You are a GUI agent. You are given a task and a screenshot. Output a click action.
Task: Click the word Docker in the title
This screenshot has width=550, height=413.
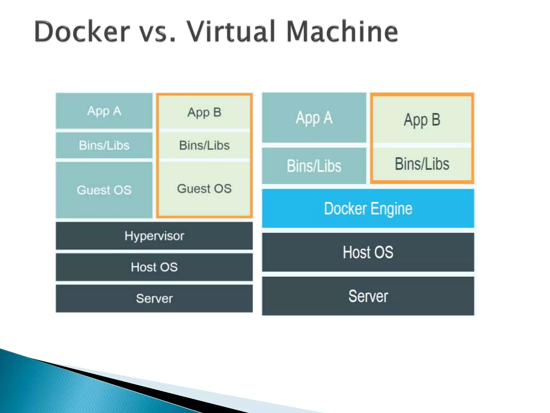[82, 32]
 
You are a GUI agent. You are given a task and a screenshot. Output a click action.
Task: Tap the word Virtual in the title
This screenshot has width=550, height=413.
[231, 32]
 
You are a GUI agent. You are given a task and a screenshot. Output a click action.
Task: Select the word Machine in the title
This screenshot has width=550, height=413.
[342, 32]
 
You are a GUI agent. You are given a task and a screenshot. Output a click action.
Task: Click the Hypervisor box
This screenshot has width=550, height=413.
[154, 236]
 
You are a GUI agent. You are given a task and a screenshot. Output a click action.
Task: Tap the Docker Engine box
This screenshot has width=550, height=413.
[368, 208]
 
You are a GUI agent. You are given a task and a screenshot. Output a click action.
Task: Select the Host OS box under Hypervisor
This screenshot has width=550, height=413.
[154, 267]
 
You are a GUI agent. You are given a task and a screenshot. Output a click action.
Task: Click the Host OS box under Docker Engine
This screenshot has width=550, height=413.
[368, 252]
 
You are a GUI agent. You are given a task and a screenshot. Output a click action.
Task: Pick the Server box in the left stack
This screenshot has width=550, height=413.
[154, 298]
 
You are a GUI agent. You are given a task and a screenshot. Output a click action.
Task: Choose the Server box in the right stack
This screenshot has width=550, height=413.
[368, 296]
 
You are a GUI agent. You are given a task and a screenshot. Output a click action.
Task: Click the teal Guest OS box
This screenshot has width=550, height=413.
[104, 190]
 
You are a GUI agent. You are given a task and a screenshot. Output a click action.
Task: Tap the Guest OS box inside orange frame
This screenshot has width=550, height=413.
[204, 188]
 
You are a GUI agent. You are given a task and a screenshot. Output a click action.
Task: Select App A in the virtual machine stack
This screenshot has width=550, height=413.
[104, 111]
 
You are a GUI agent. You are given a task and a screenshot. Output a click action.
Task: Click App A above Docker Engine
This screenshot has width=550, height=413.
[314, 118]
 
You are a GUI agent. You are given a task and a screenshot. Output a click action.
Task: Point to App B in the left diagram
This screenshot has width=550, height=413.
[204, 112]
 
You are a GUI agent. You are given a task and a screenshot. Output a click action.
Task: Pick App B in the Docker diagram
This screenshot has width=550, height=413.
[422, 120]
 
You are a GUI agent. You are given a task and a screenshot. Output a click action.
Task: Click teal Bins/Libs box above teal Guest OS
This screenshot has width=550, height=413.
[104, 145]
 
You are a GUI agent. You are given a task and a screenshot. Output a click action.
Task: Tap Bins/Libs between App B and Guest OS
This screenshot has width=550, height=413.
[204, 145]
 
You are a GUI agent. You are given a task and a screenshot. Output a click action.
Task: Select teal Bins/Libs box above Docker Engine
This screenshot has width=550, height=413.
[314, 166]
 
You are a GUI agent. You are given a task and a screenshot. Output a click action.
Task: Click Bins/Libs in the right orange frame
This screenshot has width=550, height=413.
[422, 163]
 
